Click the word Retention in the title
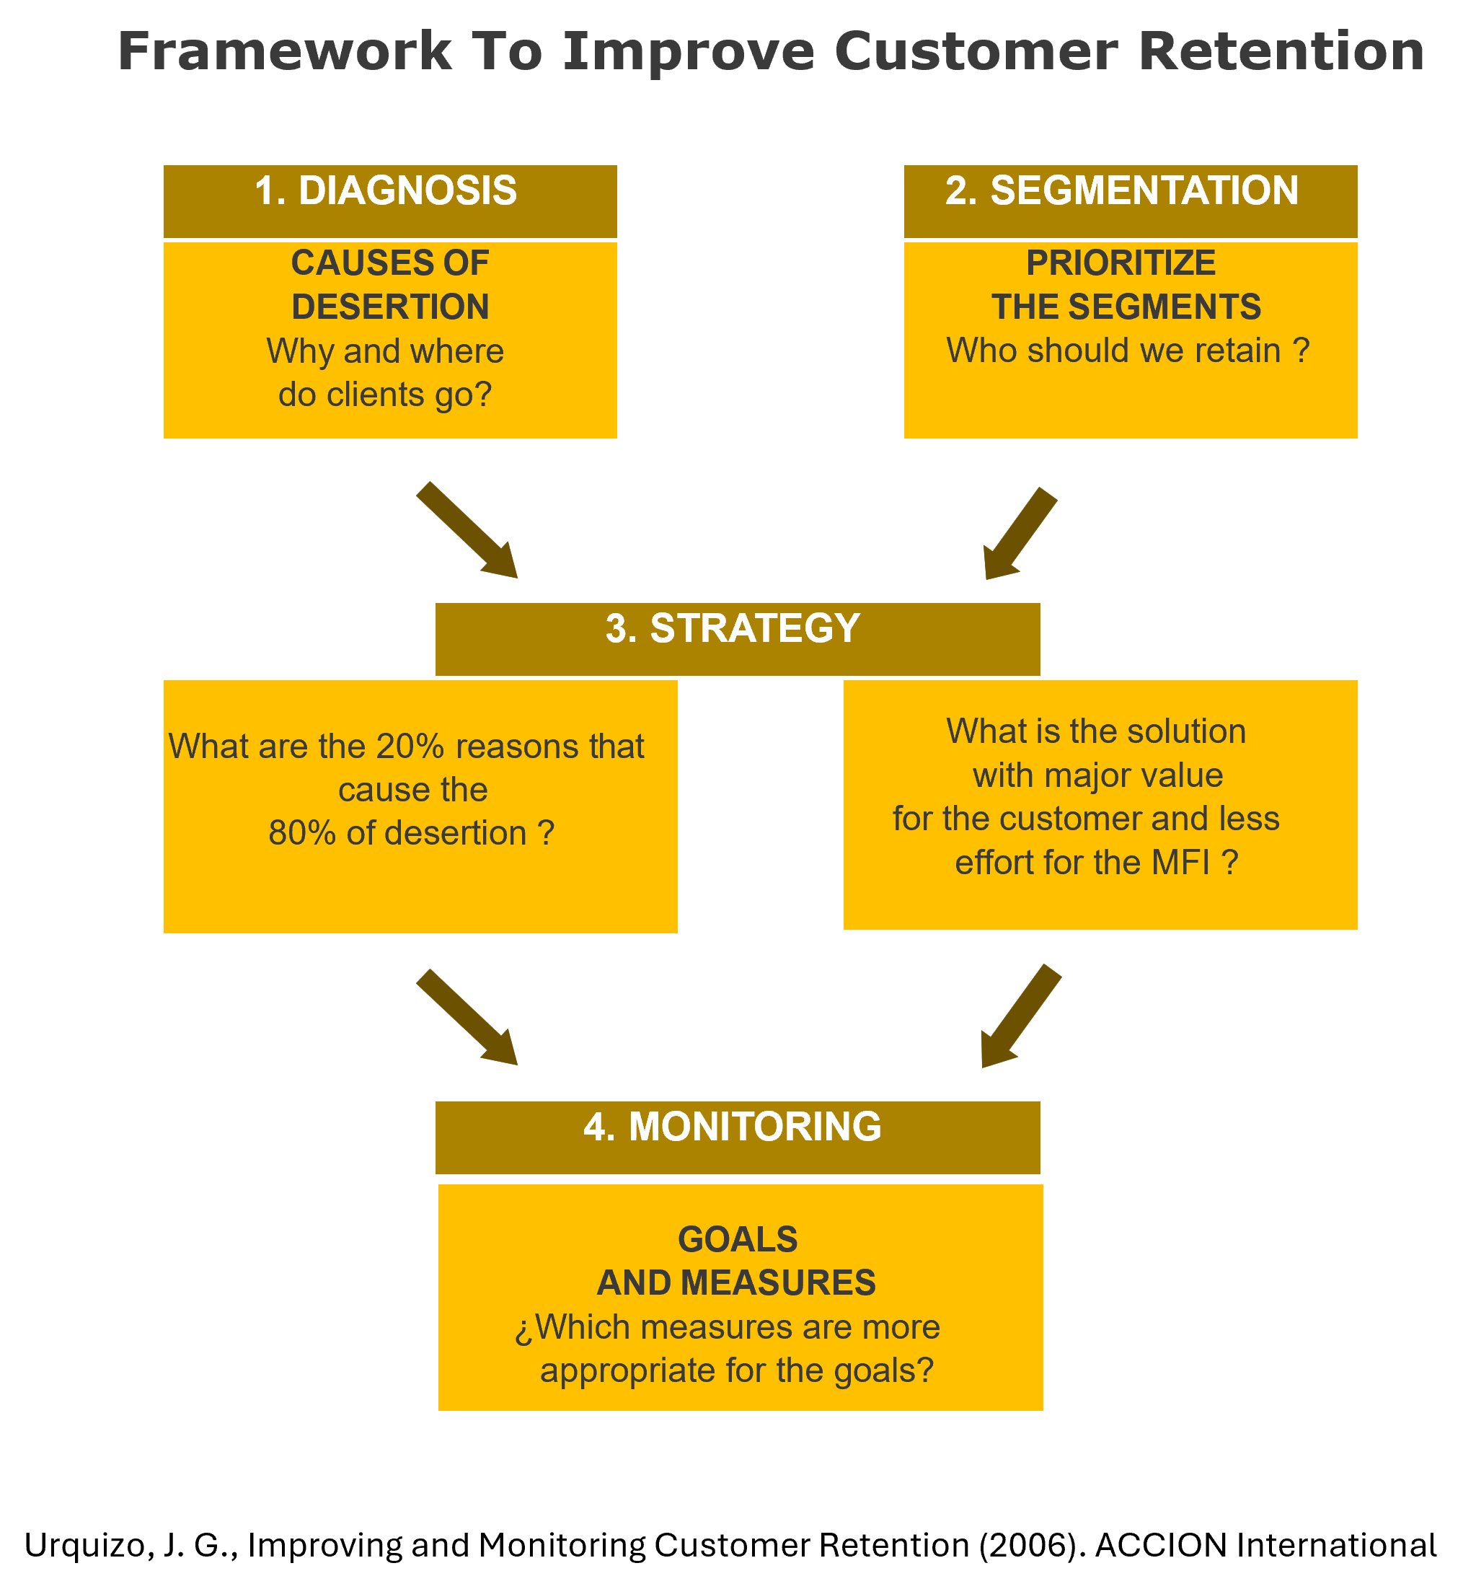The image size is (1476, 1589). click(1281, 52)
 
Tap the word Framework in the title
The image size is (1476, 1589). click(285, 52)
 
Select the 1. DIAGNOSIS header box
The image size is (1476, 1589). click(390, 201)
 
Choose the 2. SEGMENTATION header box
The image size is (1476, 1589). click(1130, 201)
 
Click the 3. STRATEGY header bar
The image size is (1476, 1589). click(737, 638)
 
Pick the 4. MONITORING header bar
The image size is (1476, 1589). click(737, 1137)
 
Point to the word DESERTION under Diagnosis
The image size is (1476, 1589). click(390, 307)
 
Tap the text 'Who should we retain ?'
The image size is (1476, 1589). click(1128, 351)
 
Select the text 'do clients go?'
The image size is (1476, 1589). click(385, 395)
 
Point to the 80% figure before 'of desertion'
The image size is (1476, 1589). click(302, 833)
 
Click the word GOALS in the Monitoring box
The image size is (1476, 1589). click(737, 1240)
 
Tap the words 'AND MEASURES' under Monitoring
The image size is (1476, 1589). click(735, 1283)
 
